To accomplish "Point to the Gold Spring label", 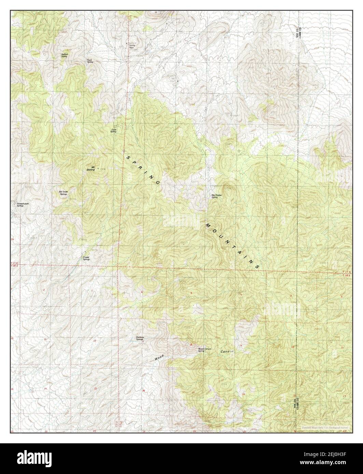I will [x=113, y=131].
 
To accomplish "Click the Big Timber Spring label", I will [x=216, y=196].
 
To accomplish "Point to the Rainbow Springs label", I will [x=140, y=338].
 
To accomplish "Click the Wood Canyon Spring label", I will [x=206, y=350].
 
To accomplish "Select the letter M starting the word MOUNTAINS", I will [x=208, y=225].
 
